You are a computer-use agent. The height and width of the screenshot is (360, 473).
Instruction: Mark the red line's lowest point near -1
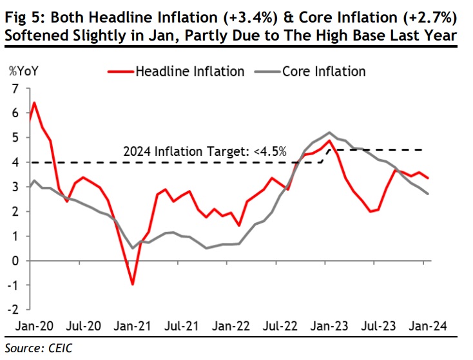click(132, 284)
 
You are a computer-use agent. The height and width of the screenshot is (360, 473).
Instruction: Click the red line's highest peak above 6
click(34, 103)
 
